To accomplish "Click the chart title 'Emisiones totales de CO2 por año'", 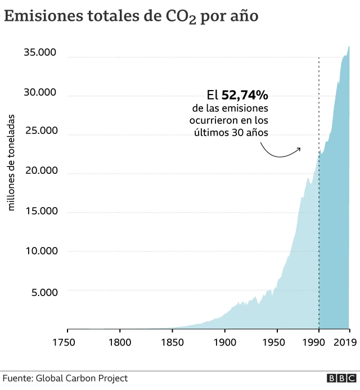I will coord(131,17).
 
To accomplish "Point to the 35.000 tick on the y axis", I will coord(40,53).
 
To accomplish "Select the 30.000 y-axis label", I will coord(40,92).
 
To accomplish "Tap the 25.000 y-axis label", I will coord(40,131).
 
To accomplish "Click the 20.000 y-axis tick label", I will coord(40,171).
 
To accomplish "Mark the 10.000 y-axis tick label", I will coord(40,251).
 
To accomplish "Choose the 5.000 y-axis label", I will coord(43,292).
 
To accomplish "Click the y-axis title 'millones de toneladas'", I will coord(11,163).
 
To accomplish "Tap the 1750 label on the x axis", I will coord(66,342).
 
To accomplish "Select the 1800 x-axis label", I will coord(119,342).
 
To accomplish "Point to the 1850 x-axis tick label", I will coord(172,342).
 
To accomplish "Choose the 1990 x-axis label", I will coord(319,342).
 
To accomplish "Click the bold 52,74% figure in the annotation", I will coord(244,95).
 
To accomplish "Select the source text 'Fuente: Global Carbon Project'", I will coord(65,378).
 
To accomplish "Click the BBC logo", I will coord(341,379).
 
